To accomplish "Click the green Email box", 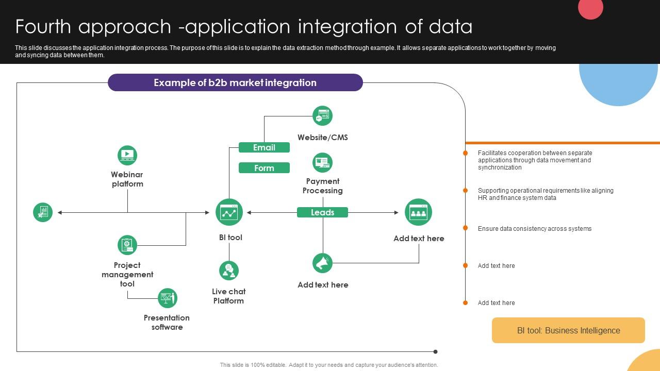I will point(264,148).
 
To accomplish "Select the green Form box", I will point(264,168).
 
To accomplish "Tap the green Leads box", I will point(322,212).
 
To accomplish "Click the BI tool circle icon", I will point(229,212).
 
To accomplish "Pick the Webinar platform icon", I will point(127,155).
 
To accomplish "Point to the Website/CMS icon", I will point(323,116).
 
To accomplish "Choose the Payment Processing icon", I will point(323,163).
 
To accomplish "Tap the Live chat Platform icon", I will point(229,271).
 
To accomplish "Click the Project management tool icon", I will point(127,245).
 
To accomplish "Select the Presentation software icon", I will point(167,298).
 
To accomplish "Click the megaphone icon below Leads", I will point(323,263).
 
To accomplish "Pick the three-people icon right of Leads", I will point(418,212).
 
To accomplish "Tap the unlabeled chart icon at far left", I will point(43,212).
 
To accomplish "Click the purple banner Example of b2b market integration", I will point(235,82).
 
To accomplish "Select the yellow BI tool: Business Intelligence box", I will point(568,330).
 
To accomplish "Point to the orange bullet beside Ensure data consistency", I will point(466,228).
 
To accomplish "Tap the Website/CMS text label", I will point(323,138).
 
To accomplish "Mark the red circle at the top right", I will point(591,8).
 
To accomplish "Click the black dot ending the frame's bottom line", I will point(436,352).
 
